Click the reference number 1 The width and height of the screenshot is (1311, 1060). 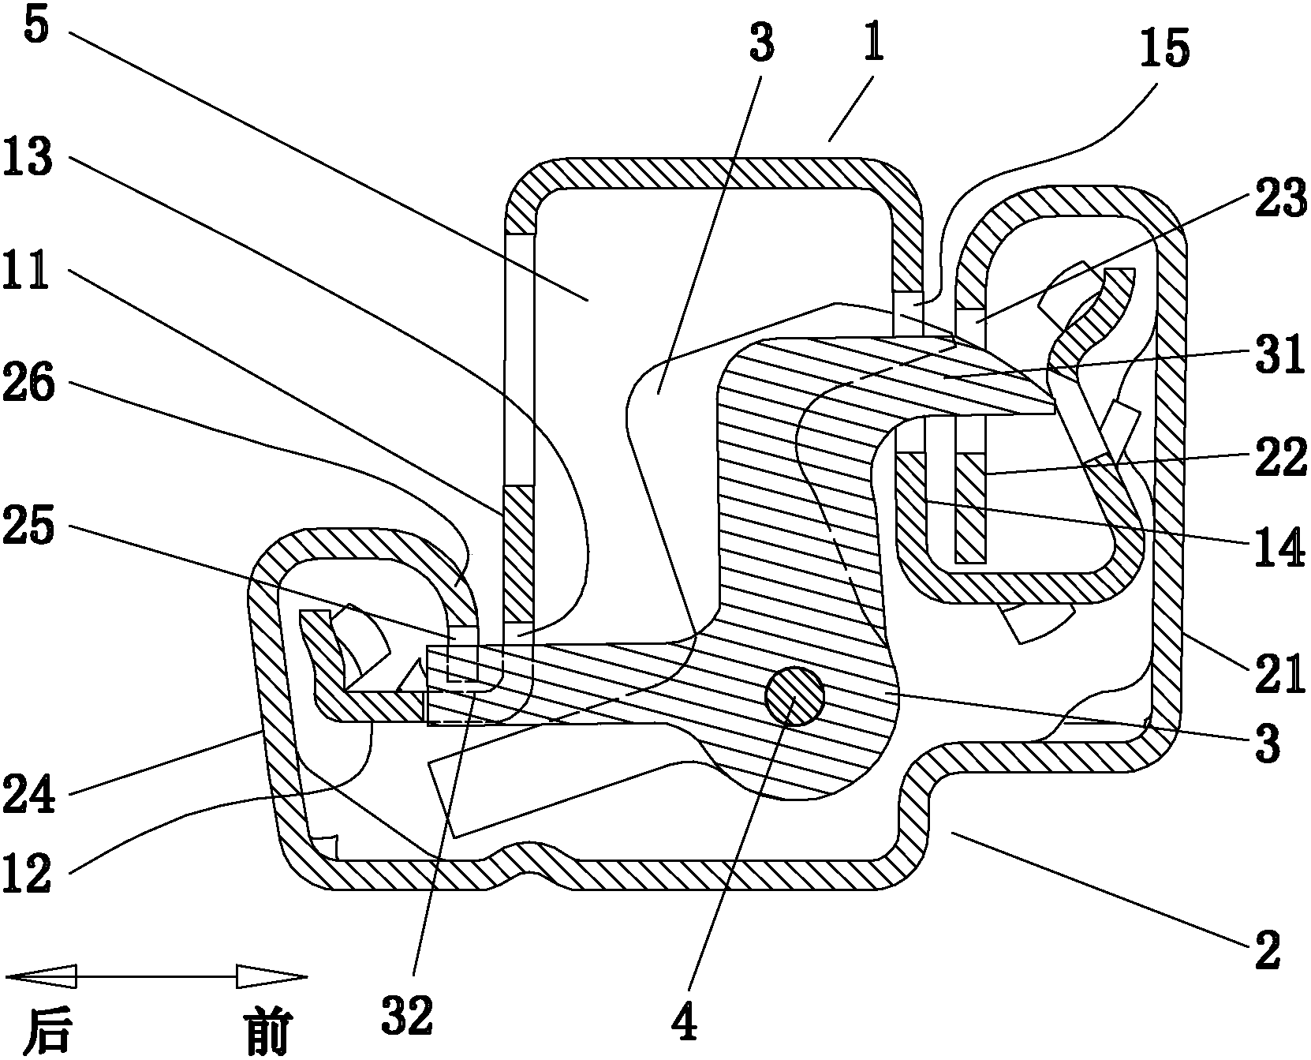click(872, 47)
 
